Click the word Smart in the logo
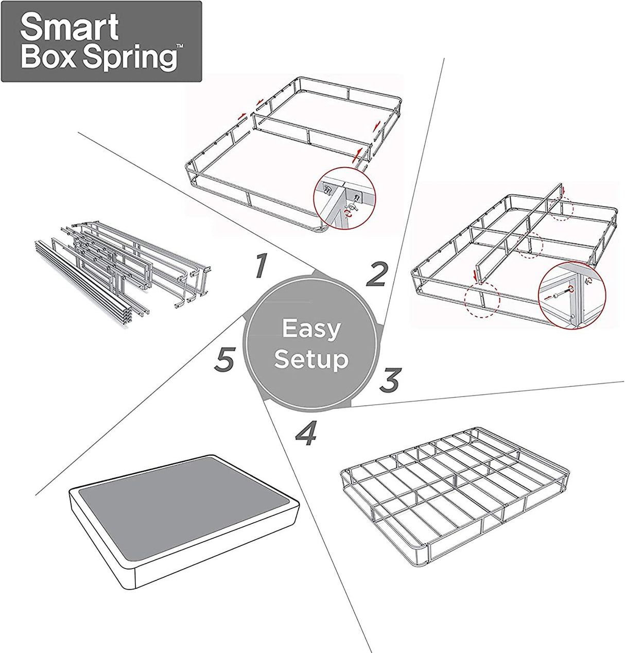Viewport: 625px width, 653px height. pyautogui.click(x=69, y=29)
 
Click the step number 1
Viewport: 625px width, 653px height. pyautogui.click(x=261, y=266)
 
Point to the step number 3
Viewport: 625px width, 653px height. pyautogui.click(x=390, y=380)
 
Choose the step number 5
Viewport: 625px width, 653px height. pyautogui.click(x=224, y=359)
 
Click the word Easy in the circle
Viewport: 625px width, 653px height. pyautogui.click(x=311, y=329)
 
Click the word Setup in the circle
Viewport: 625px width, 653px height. pyautogui.click(x=311, y=359)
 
